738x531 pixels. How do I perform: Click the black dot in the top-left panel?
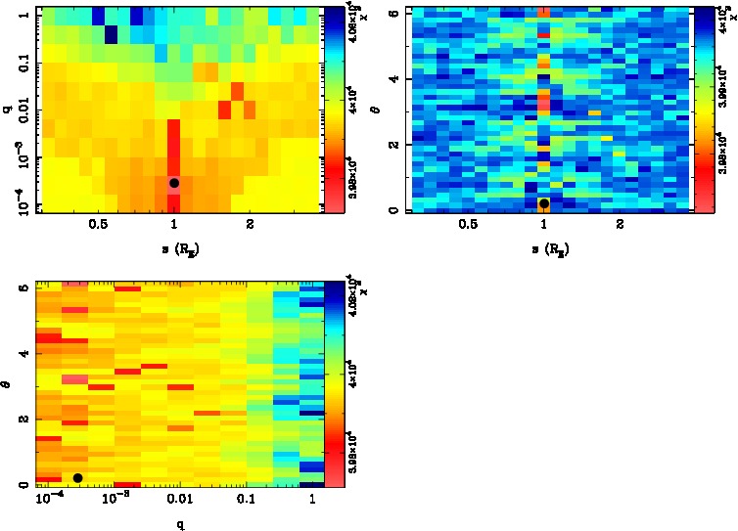(174, 183)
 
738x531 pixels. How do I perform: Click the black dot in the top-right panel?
(544, 203)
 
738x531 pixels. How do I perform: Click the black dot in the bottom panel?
(77, 477)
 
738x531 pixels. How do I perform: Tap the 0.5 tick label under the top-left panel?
(98, 224)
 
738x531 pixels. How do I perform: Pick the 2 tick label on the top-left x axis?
(251, 224)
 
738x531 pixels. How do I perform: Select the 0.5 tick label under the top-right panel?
(468, 224)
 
